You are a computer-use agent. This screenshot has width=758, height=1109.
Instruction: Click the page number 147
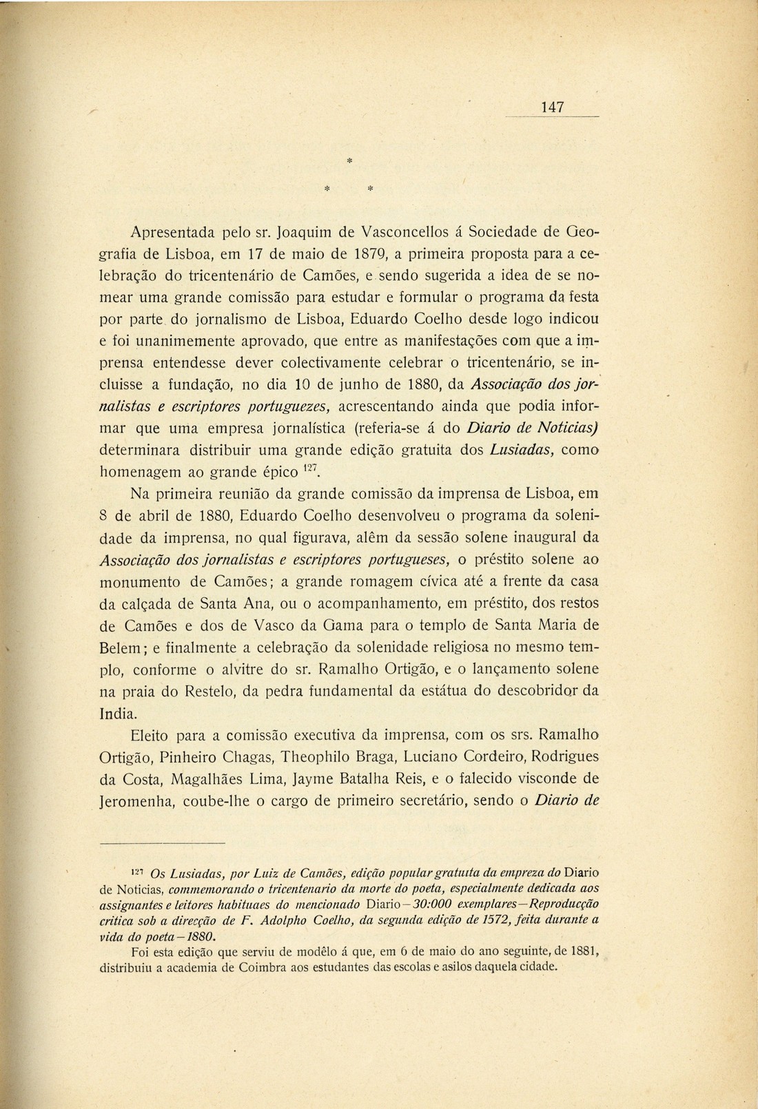(x=553, y=107)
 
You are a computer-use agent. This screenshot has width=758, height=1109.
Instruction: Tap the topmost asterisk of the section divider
(x=349, y=160)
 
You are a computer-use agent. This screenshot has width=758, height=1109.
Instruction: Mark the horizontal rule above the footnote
(x=163, y=843)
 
